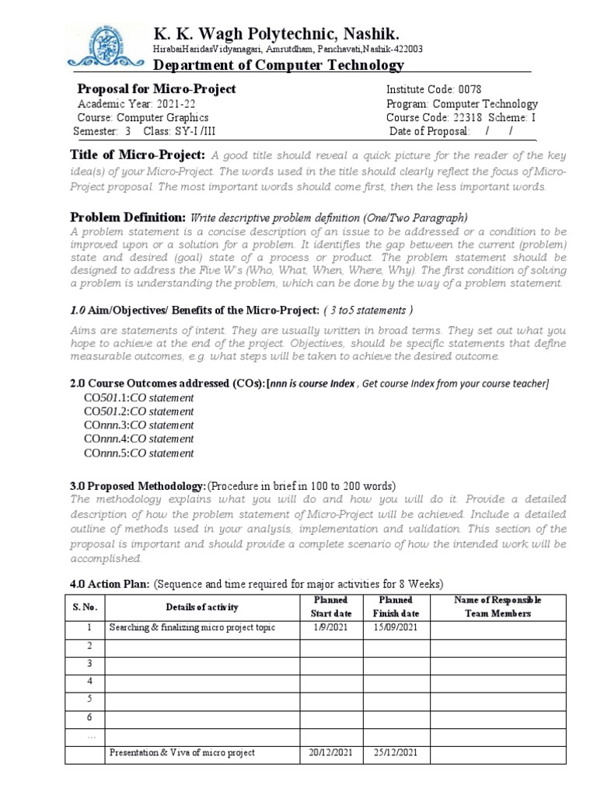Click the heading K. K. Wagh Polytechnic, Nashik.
point(278,33)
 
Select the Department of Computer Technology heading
point(278,65)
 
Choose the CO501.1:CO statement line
point(138,397)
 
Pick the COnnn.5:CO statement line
point(138,453)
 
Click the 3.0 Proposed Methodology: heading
point(138,484)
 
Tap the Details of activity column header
point(201,606)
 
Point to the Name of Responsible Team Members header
point(497,606)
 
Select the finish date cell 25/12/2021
point(396,752)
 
